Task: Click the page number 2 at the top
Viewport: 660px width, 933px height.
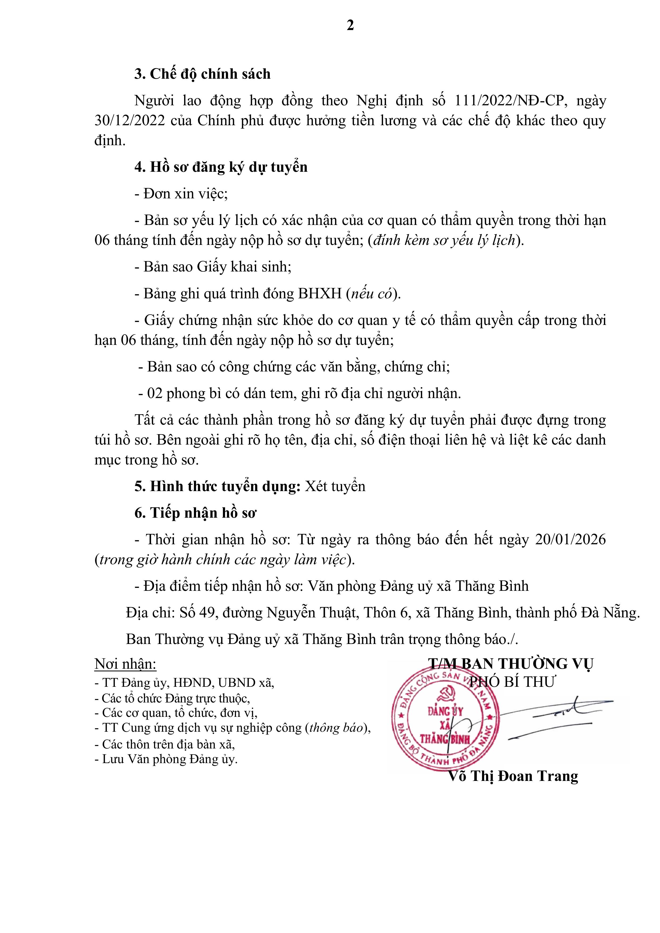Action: pos(350,26)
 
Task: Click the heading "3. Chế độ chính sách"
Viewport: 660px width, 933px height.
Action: pos(202,74)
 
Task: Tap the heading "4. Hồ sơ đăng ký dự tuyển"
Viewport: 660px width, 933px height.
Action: pos(221,167)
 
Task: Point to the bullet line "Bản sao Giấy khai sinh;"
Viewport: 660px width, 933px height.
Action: pos(213,267)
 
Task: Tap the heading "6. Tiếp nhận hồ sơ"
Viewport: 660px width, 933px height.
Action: pos(195,513)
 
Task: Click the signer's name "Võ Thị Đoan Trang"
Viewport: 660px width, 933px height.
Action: pos(513,776)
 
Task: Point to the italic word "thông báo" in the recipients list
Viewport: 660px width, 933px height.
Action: pos(336,728)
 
